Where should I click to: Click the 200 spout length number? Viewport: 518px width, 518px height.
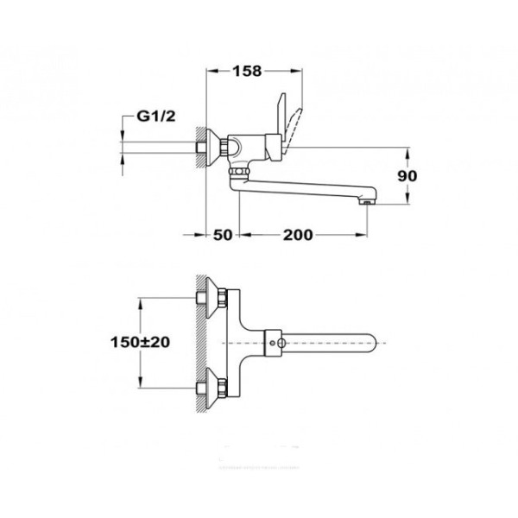295,235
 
